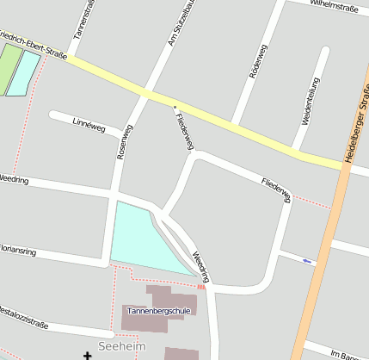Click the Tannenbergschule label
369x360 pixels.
coord(158,310)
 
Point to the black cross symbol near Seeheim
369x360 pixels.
coord(87,355)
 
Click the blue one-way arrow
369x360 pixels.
coord(307,260)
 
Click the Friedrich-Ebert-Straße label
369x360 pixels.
coord(33,47)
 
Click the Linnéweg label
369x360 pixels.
coord(89,126)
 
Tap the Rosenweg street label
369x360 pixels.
coord(125,142)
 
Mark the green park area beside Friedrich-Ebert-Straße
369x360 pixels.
coord(9,67)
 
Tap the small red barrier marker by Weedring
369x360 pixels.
coord(200,287)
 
